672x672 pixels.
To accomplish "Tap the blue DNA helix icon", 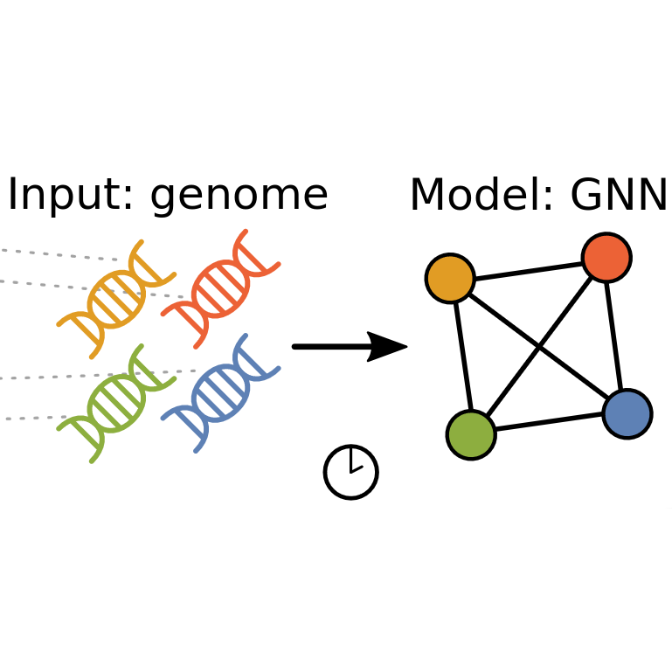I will pos(220,393).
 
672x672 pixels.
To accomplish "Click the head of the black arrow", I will pos(389,347).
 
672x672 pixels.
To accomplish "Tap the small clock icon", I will pos(350,472).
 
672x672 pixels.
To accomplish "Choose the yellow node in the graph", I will pos(450,279).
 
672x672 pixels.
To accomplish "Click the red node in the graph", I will pos(606,258).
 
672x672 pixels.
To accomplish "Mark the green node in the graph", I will pos(471,434).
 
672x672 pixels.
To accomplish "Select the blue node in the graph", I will pos(627,413).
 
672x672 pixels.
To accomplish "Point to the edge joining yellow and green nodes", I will pos(461,357).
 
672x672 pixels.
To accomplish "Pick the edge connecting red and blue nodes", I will pos(617,336).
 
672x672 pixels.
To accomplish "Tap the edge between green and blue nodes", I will pos(549,424).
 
